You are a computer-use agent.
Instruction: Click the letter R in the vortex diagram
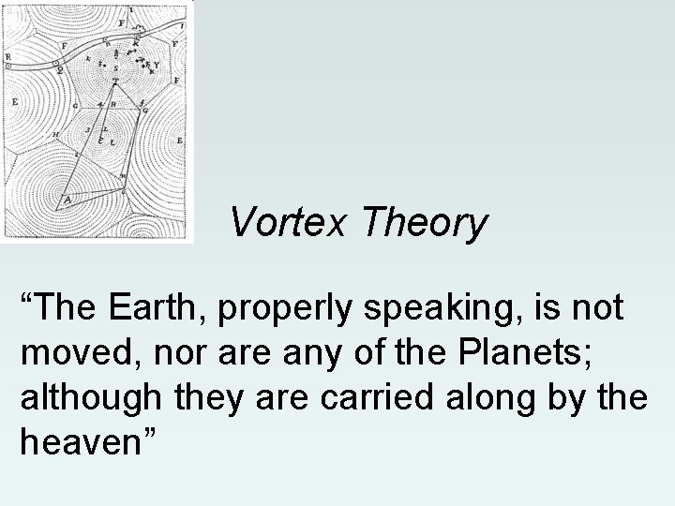point(8,57)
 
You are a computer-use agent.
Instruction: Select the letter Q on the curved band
point(60,68)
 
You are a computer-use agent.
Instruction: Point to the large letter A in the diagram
point(66,200)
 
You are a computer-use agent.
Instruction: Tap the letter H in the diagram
point(55,134)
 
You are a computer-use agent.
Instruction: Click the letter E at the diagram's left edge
point(15,101)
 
